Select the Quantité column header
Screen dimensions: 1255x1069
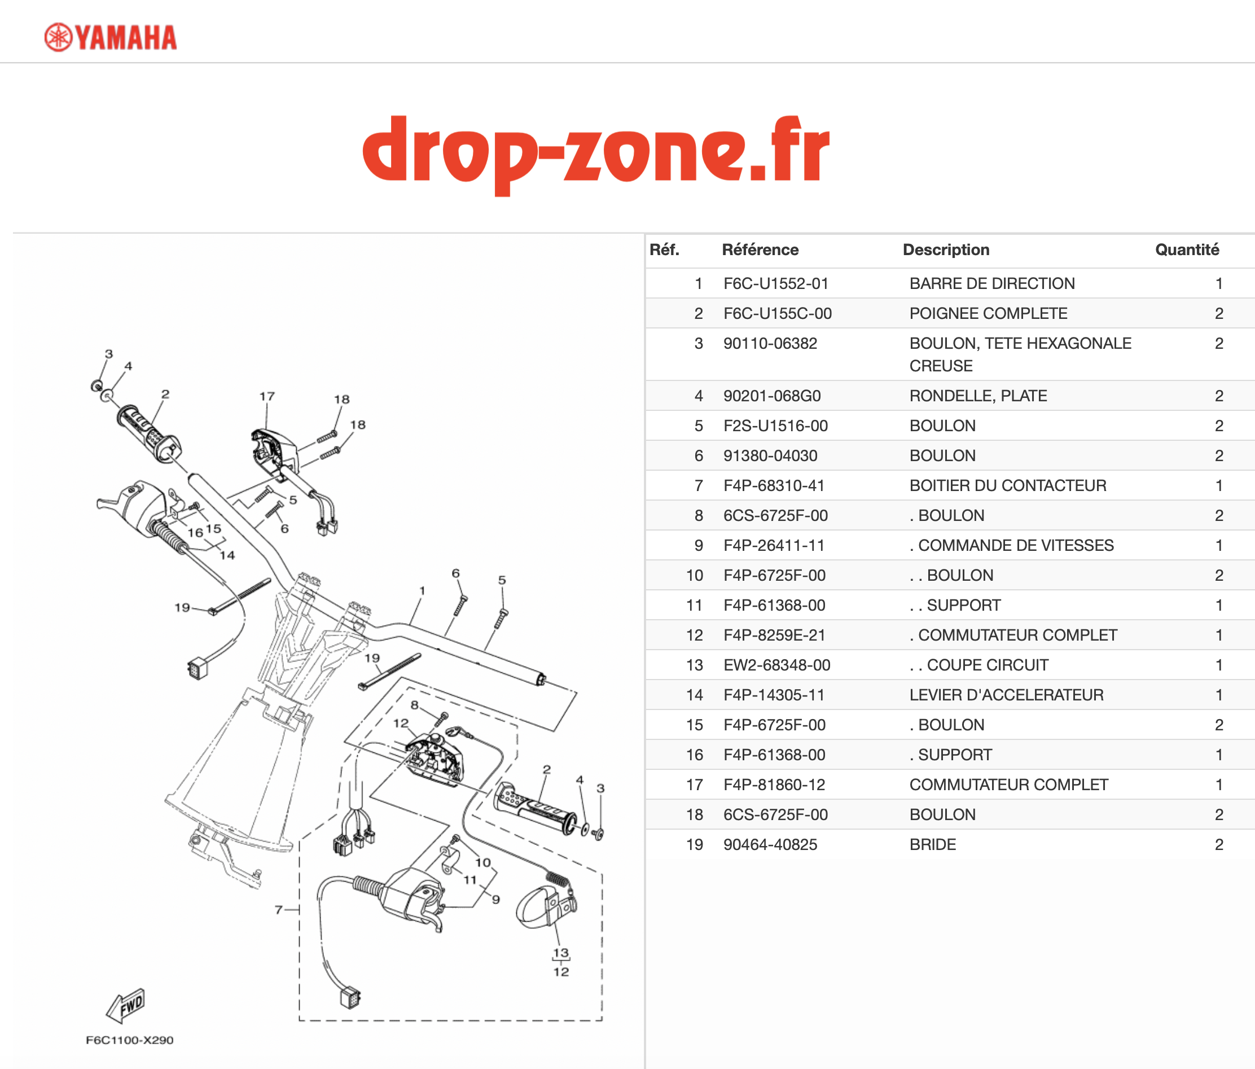pyautogui.click(x=1187, y=249)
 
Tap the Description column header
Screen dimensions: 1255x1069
pyautogui.click(x=946, y=249)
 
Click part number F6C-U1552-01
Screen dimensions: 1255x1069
pyautogui.click(x=775, y=283)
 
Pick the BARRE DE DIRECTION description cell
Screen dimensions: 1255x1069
pyautogui.click(x=991, y=283)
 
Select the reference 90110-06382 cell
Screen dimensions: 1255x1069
pyautogui.click(x=770, y=343)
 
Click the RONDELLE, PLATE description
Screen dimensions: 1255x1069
pyautogui.click(x=977, y=396)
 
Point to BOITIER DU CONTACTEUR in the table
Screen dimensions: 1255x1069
pyautogui.click(x=1007, y=485)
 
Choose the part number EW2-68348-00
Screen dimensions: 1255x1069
pyautogui.click(x=776, y=665)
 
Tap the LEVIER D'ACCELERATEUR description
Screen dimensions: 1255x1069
pyautogui.click(x=1006, y=695)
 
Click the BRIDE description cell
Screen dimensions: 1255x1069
pyautogui.click(x=932, y=844)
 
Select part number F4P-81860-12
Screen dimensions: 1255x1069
pyautogui.click(x=774, y=785)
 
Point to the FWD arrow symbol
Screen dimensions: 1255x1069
pyautogui.click(x=125, y=1006)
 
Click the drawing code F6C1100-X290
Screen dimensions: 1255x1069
pyautogui.click(x=130, y=1040)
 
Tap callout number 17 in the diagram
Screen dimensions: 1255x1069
pyautogui.click(x=267, y=396)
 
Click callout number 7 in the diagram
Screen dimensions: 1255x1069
pyautogui.click(x=279, y=909)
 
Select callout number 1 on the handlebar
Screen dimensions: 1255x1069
pyautogui.click(x=422, y=590)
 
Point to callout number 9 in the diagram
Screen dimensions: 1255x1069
pyautogui.click(x=496, y=900)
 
